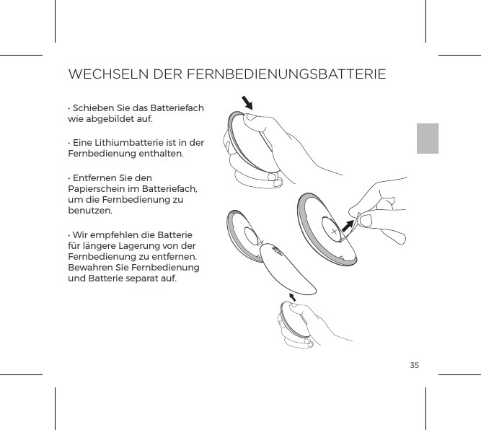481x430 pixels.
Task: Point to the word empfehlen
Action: pos(114,235)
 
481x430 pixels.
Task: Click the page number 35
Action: pos(415,366)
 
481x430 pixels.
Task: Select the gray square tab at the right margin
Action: pos(428,139)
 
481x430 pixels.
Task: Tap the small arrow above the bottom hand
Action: pos(292,297)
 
